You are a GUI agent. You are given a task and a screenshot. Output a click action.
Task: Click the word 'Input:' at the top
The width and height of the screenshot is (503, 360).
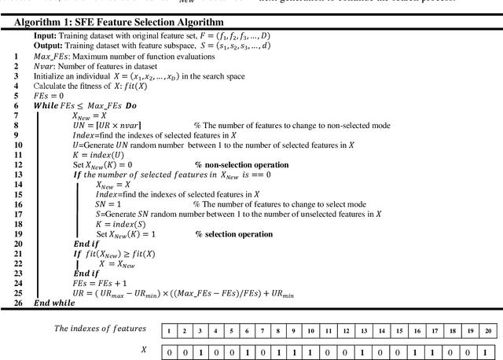[x=46, y=36]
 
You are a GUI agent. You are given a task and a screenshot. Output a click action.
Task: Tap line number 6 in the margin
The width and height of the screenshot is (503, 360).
[x=17, y=105]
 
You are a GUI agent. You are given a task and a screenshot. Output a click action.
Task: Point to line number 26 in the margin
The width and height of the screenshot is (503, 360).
[x=17, y=303]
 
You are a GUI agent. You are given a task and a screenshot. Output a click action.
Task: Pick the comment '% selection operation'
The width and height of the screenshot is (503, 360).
[x=234, y=234]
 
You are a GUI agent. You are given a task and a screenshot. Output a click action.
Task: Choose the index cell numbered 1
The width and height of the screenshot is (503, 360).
[x=169, y=331]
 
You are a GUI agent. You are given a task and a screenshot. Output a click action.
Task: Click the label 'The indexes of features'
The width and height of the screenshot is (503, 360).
[x=99, y=329]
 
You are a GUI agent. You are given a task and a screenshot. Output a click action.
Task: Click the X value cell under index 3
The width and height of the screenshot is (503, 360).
[x=202, y=352]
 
